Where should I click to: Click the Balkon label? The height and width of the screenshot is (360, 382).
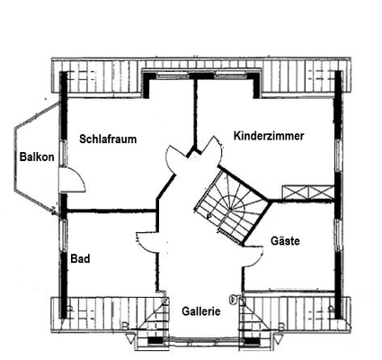[x=37, y=157]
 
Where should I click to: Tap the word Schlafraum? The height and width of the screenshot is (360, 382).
[x=107, y=139]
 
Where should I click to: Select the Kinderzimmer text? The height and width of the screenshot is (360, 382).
[x=269, y=136]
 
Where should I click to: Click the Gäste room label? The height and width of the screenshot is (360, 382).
[x=285, y=241]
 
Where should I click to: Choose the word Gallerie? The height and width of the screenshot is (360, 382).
[x=200, y=310]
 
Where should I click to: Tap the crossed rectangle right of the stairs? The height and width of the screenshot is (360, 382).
[x=307, y=192]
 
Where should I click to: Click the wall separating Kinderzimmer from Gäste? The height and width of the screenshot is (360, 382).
[x=306, y=202]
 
